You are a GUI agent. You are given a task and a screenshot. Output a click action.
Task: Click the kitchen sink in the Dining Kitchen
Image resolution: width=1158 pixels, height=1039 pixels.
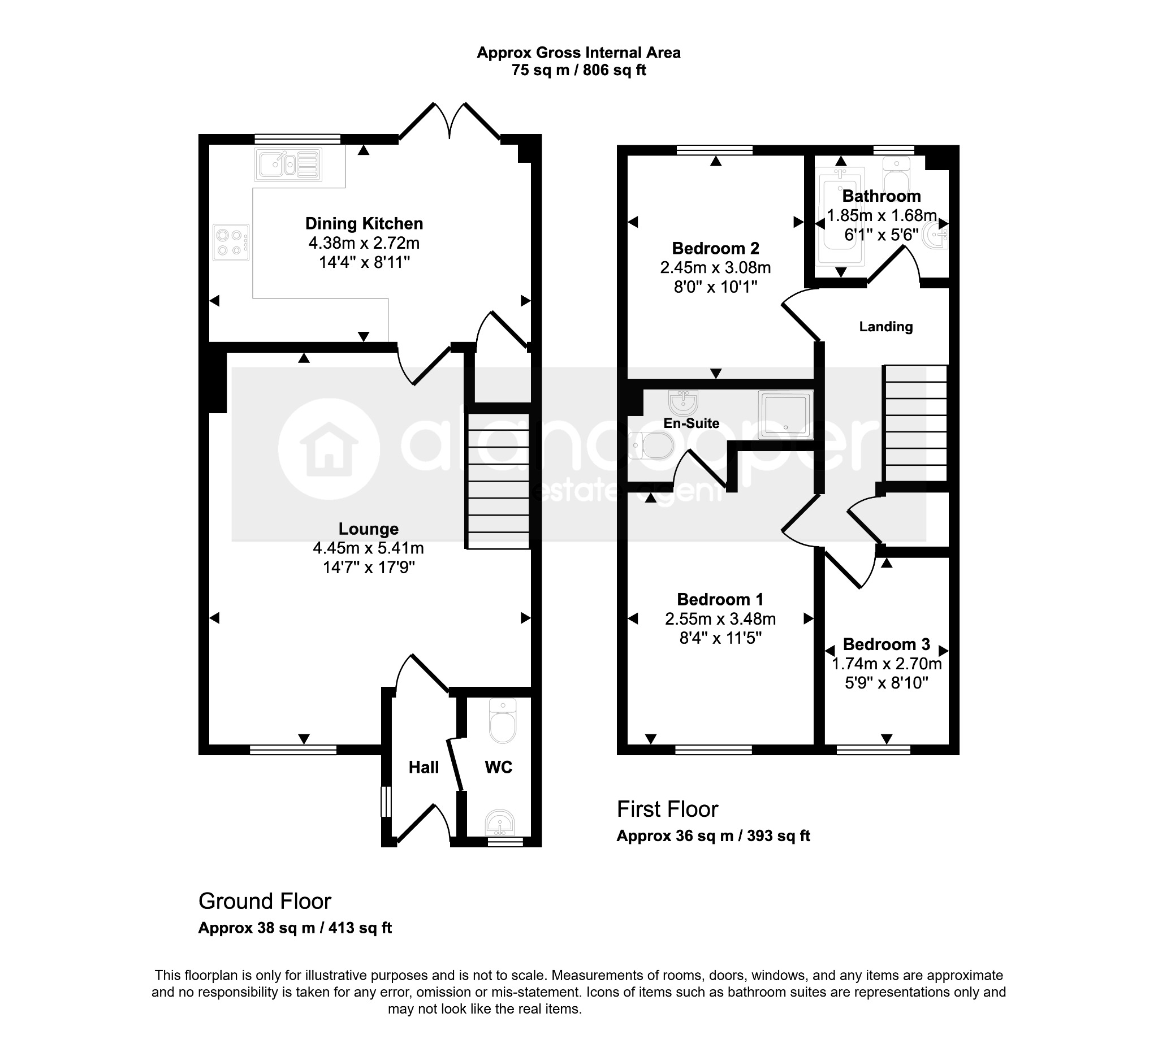[x=288, y=165]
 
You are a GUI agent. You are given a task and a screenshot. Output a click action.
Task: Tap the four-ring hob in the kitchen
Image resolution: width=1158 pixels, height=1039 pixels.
[x=231, y=243]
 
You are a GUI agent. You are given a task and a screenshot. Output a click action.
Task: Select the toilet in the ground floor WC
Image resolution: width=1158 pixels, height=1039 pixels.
[x=503, y=722]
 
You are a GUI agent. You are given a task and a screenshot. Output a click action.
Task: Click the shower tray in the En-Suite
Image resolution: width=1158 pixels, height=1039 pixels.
[x=785, y=415]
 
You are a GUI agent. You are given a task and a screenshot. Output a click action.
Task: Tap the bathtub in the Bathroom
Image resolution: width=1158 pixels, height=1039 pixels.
[x=841, y=217]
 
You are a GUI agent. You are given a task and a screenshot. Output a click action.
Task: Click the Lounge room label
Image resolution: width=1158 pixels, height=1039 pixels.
[x=368, y=529]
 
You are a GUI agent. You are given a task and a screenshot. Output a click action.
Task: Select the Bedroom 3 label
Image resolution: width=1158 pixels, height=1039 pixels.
[x=886, y=644]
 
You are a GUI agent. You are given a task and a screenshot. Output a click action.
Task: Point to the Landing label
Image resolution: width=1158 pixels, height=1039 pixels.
[x=885, y=327]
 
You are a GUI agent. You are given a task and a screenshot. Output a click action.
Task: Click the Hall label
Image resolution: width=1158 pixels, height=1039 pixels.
[x=424, y=767]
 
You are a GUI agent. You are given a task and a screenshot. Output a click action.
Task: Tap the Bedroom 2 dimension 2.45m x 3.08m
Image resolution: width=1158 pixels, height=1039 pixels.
[x=715, y=267]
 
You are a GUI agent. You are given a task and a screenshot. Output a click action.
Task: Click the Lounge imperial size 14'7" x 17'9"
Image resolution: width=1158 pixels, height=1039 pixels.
[x=368, y=568]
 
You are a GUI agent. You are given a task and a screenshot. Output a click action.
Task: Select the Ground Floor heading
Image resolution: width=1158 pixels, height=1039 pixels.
[x=265, y=902]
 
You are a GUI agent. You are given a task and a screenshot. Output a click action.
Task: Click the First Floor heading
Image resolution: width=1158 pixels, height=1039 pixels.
[x=668, y=809]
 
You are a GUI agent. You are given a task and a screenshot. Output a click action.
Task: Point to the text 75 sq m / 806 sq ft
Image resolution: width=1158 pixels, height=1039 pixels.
[x=579, y=70]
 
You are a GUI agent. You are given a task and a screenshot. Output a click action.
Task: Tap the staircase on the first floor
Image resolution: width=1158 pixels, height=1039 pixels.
[x=915, y=423]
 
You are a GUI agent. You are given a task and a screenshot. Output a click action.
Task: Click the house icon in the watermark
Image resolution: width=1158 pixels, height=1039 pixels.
[x=329, y=449]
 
